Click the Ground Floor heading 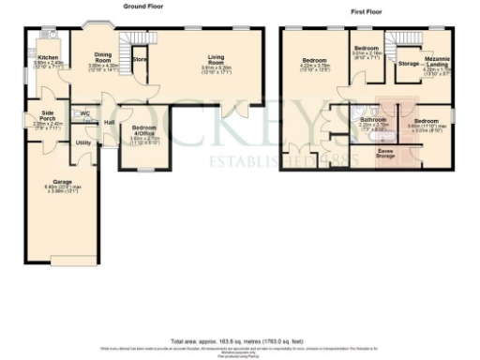pyautogui.click(x=142, y=7)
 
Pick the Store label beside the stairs pyautogui.click(x=140, y=60)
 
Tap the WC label pyautogui.click(x=85, y=113)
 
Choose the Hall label pyautogui.click(x=110, y=123)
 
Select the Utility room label pyautogui.click(x=82, y=142)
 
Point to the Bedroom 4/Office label pyautogui.click(x=144, y=128)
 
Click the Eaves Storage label pyautogui.click(x=385, y=153)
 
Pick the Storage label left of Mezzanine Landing pyautogui.click(x=408, y=64)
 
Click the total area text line pyautogui.click(x=240, y=340)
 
